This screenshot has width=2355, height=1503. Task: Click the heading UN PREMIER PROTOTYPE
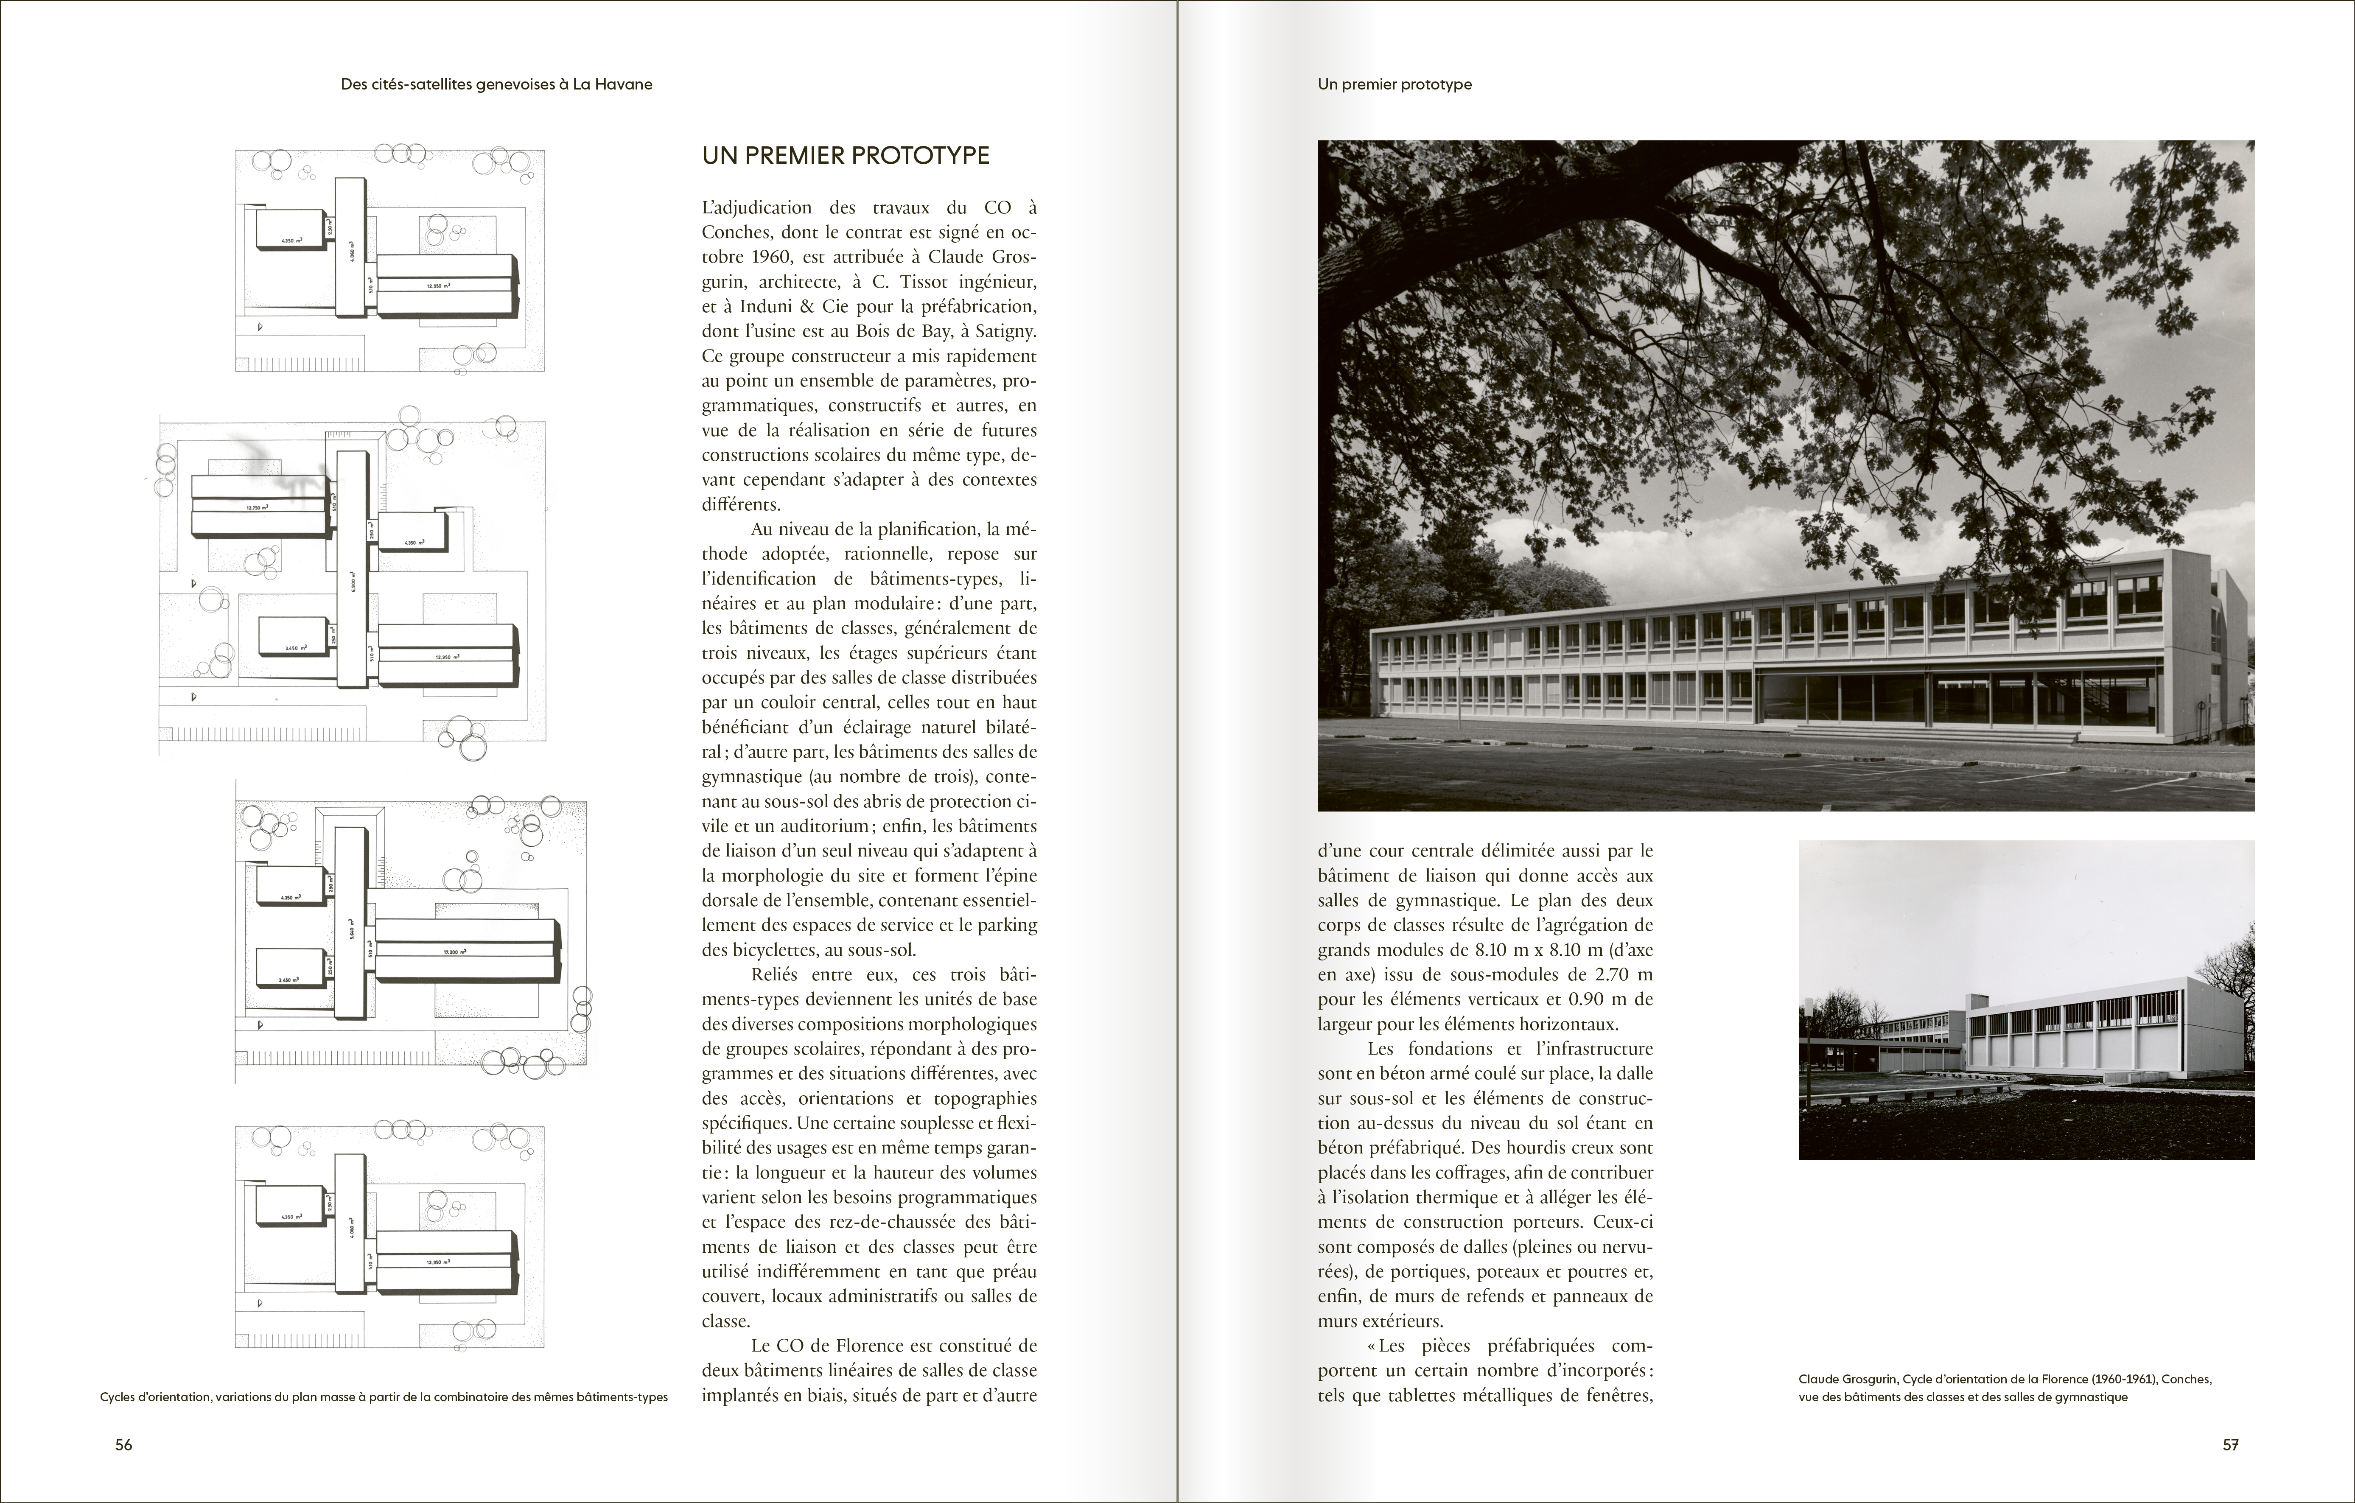[x=845, y=156]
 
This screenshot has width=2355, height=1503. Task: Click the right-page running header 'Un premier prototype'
[x=1394, y=84]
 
